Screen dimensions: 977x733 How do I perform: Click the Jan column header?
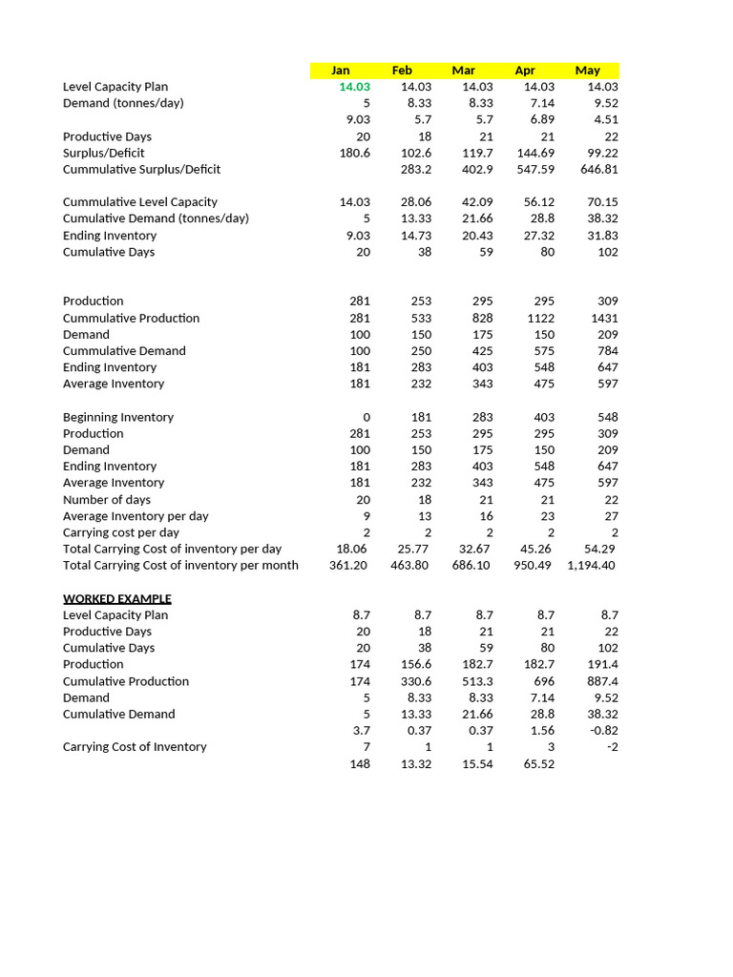tap(340, 71)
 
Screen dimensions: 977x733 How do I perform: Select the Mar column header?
tap(463, 71)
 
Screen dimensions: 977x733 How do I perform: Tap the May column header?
tap(587, 71)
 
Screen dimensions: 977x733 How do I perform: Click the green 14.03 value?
tap(354, 87)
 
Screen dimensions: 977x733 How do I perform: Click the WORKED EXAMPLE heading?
tap(116, 598)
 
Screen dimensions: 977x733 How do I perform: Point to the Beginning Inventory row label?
tap(118, 417)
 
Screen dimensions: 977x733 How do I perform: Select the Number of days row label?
tap(107, 499)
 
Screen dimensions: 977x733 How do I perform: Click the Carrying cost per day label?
tap(121, 532)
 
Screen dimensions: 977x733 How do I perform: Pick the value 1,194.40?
tap(592, 565)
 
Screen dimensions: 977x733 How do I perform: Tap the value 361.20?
tap(349, 565)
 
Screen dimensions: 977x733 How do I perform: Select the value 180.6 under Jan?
tap(355, 153)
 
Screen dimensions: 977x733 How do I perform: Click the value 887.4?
tap(601, 681)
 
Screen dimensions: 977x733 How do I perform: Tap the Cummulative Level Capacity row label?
tap(140, 202)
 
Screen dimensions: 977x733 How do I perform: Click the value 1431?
tap(604, 318)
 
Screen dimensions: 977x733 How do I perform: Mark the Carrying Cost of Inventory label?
tap(135, 746)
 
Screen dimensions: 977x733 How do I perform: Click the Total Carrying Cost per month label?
tap(180, 565)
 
